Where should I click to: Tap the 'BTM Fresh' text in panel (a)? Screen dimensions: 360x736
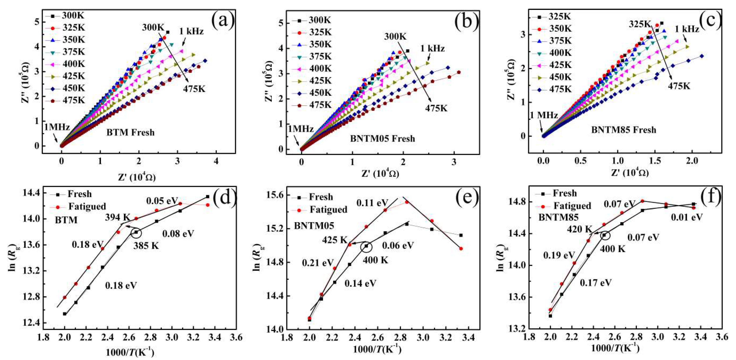pos(131,133)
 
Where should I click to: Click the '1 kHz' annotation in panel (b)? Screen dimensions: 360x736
pos(432,49)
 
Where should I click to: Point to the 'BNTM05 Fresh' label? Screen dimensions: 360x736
pos(383,139)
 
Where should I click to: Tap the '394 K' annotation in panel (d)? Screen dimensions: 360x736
pos(117,217)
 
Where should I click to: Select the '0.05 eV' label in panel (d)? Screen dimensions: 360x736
pos(162,201)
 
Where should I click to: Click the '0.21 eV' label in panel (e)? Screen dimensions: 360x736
pos(318,263)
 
